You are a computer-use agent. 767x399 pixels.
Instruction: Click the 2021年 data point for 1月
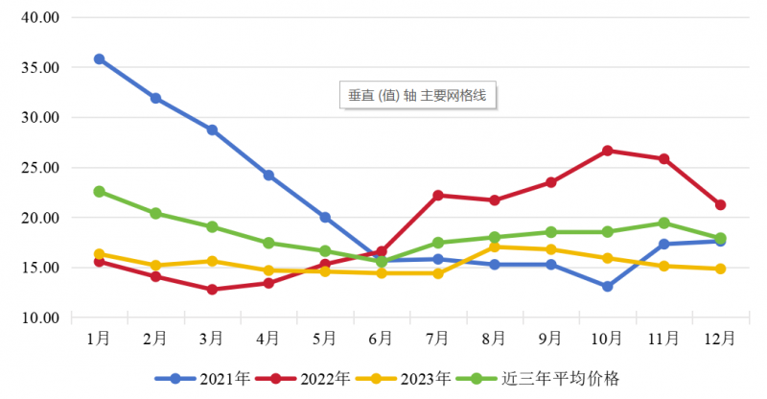[99, 59]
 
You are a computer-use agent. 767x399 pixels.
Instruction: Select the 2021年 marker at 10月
[607, 287]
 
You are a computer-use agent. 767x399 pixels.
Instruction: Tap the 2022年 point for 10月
[607, 151]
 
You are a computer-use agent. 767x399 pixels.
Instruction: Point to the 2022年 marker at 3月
[212, 289]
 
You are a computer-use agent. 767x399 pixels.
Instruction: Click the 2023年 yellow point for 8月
[494, 246]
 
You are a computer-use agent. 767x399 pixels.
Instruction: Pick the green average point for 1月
[99, 192]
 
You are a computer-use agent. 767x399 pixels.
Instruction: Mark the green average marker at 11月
[663, 223]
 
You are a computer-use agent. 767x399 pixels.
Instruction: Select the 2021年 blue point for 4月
[268, 176]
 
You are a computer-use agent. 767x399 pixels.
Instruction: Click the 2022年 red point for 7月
[437, 196]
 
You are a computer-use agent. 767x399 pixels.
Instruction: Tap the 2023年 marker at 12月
[720, 269]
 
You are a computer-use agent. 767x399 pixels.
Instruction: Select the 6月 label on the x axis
[381, 338]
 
